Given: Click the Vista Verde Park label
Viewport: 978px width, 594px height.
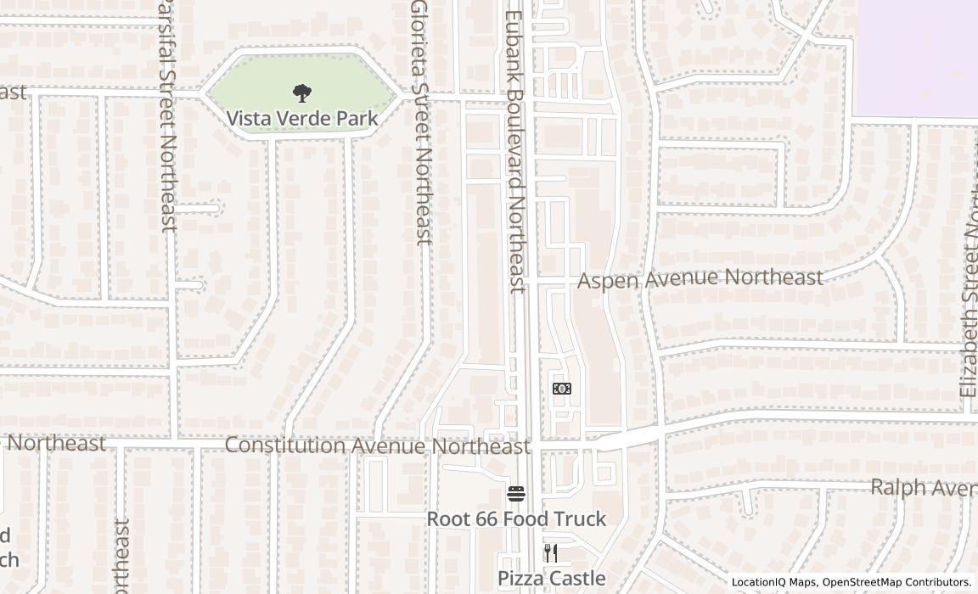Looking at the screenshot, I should pos(302,119).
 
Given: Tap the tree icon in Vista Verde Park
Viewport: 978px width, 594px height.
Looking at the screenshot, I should pos(301,93).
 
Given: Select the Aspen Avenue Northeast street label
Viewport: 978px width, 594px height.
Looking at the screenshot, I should pos(700,278).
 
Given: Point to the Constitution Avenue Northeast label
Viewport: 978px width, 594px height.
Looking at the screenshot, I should pos(377,445).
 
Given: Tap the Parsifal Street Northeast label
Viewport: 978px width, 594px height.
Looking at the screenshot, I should pos(167,115).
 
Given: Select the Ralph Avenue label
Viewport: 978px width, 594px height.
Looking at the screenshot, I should pos(924,488).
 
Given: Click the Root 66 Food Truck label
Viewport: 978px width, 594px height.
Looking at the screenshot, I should pos(516,518).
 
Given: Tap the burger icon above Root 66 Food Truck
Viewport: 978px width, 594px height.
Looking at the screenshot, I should pos(516,493).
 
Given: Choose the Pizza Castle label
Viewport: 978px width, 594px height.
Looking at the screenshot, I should pos(552,579).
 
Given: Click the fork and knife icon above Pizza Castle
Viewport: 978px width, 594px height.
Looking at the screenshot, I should pos(551,553).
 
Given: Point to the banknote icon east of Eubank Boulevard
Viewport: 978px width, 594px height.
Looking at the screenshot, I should pos(561,389).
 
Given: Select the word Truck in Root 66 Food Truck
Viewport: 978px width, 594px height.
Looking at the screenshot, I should pos(578,518).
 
